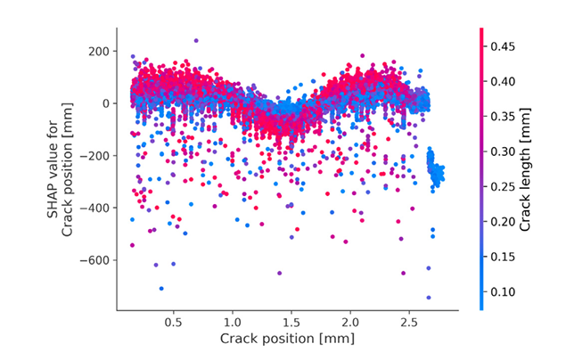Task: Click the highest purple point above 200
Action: pos(196,40)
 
